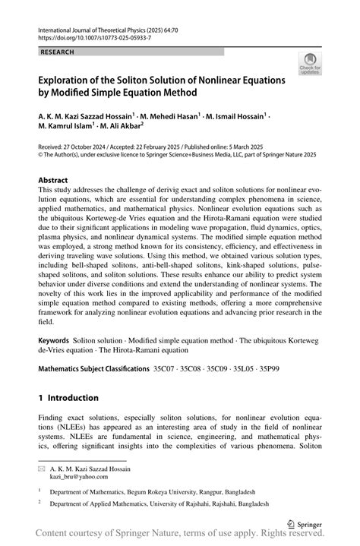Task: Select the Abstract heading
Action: coord(58,180)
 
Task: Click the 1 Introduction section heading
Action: coord(68,397)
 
